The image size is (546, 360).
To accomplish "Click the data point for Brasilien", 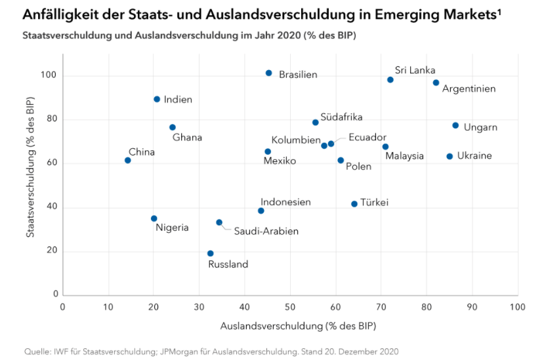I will click(x=269, y=73).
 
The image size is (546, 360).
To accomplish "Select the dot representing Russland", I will click(x=210, y=253).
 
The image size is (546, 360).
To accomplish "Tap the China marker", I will click(x=127, y=160).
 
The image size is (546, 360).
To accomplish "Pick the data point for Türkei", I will click(x=354, y=204).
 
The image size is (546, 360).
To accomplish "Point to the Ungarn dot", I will click(x=455, y=125).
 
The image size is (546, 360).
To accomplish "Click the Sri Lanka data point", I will click(x=390, y=79).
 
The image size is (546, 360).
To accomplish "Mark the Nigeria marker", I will click(x=154, y=218).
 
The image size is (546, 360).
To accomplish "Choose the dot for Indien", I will click(x=157, y=99).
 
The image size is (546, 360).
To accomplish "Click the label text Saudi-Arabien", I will click(x=266, y=231).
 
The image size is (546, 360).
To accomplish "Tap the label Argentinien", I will click(x=469, y=89).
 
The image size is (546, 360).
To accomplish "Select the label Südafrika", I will click(x=341, y=117).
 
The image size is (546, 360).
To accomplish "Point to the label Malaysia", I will click(x=404, y=156).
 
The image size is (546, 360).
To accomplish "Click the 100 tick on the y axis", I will click(x=49, y=75).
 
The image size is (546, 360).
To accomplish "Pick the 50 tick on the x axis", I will click(x=290, y=307).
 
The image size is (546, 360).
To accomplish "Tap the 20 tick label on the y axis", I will click(x=52, y=251).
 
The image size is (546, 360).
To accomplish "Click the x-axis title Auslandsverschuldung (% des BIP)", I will click(x=290, y=325).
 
